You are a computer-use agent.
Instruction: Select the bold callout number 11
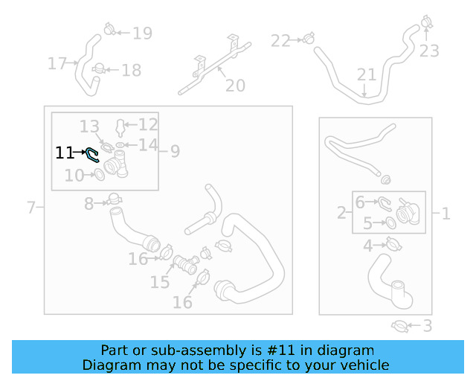pyautogui.click(x=65, y=153)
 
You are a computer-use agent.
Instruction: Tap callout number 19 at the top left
pyautogui.click(x=142, y=33)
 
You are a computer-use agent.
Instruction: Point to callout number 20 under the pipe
pyautogui.click(x=235, y=86)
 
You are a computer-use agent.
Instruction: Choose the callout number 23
pyautogui.click(x=429, y=51)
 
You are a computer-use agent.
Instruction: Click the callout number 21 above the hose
pyautogui.click(x=367, y=74)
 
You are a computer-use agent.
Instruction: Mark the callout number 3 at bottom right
pyautogui.click(x=428, y=326)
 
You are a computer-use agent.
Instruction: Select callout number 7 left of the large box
pyautogui.click(x=31, y=208)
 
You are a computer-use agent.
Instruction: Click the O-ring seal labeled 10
pyautogui.click(x=99, y=175)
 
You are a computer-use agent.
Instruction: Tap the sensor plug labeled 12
pyautogui.click(x=120, y=128)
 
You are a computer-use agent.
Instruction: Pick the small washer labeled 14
pyautogui.click(x=120, y=145)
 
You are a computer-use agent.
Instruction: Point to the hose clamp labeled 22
pyautogui.click(x=309, y=38)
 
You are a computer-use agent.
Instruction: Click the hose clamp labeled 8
pyautogui.click(x=114, y=199)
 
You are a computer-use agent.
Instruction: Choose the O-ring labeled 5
pyautogui.click(x=391, y=222)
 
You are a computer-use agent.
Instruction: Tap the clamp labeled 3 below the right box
pyautogui.click(x=399, y=327)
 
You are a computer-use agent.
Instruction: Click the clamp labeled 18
pyautogui.click(x=99, y=69)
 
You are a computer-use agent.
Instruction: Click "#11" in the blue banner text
pyautogui.click(x=281, y=350)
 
